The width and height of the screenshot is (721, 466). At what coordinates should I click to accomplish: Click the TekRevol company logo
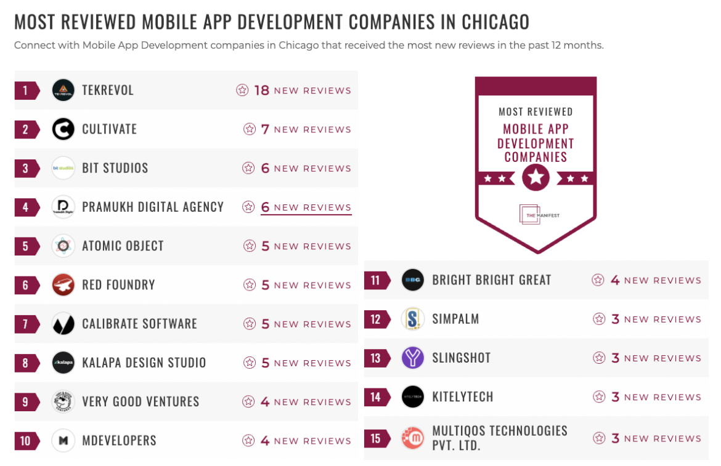[x=63, y=90]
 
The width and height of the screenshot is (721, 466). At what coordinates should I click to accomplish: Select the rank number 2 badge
[x=26, y=129]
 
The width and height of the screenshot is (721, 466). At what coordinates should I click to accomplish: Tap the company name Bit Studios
[x=115, y=168]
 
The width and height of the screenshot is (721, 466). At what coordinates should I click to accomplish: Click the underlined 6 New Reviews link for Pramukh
[x=306, y=207]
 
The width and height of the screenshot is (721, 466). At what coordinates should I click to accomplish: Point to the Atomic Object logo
[x=63, y=246]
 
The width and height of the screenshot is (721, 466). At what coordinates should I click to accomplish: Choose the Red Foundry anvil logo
[x=63, y=285]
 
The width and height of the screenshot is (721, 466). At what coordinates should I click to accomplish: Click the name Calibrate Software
[x=139, y=324]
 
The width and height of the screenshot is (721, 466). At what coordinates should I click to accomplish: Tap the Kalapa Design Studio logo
[x=63, y=363]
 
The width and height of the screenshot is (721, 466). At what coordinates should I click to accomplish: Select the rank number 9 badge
[x=26, y=402]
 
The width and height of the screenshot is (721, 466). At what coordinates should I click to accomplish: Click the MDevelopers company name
[x=119, y=441]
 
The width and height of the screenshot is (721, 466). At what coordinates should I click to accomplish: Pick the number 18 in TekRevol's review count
[x=262, y=90]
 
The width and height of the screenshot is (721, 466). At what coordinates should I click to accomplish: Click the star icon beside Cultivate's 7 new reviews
[x=250, y=129]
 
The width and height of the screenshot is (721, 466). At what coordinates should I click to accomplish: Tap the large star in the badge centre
[x=536, y=178]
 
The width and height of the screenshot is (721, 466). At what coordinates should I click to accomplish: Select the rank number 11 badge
[x=376, y=281]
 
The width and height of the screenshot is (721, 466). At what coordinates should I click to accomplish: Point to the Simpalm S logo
[x=413, y=319]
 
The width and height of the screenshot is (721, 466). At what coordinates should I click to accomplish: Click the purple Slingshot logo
[x=413, y=358]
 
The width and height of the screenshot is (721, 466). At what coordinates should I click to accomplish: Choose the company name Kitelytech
[x=462, y=397]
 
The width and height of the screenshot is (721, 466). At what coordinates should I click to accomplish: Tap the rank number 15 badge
[x=376, y=438]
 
